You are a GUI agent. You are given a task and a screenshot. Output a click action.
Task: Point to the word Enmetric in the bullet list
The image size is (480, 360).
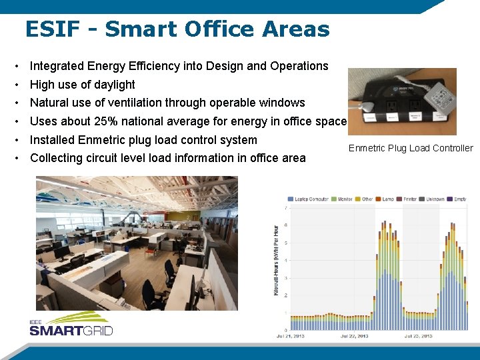click(101, 140)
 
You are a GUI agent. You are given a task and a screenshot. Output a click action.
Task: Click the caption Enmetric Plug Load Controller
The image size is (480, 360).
click(410, 148)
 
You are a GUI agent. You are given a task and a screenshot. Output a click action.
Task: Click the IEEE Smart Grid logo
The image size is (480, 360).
click(71, 327)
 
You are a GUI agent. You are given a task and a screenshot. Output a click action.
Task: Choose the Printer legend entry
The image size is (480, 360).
click(407, 199)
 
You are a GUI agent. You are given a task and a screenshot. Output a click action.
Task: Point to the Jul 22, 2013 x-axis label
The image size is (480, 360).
click(354, 336)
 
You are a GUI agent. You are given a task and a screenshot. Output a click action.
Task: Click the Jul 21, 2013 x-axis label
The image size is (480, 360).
click(290, 336)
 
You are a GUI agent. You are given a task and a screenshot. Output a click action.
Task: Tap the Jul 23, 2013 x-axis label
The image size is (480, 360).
click(418, 336)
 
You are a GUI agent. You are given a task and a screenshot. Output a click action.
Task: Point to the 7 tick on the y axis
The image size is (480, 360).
click(286, 208)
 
